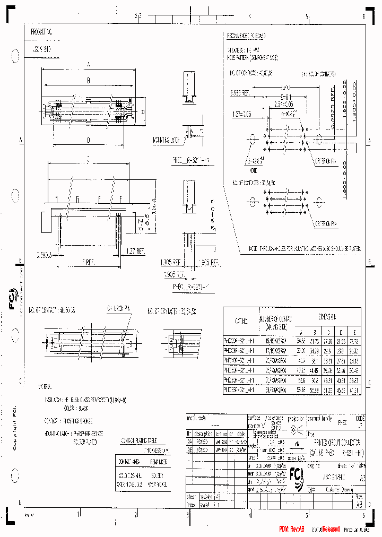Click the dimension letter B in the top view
click(89, 81)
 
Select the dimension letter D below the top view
click(88, 140)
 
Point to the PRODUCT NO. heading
click(42, 32)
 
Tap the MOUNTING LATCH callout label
click(166, 140)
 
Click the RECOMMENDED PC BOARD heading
click(246, 36)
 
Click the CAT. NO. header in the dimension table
click(241, 322)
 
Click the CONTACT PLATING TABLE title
click(138, 441)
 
